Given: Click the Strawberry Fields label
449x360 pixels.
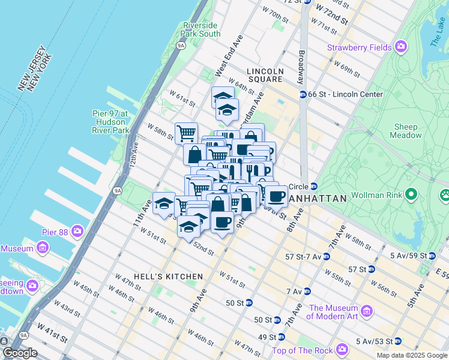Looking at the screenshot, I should pos(360,47).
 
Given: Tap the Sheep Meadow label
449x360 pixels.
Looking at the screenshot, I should pos(406,131).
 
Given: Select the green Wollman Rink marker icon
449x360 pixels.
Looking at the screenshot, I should pos(411,194).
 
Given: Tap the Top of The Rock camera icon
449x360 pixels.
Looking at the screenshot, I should pos(342,349).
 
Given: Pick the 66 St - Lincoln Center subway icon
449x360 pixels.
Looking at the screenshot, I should pos(303,95).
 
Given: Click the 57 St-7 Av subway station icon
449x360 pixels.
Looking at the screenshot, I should pos(326,256).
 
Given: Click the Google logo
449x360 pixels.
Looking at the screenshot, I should pos(20,353).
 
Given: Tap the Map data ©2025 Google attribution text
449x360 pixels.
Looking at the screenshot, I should pos(411,355).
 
